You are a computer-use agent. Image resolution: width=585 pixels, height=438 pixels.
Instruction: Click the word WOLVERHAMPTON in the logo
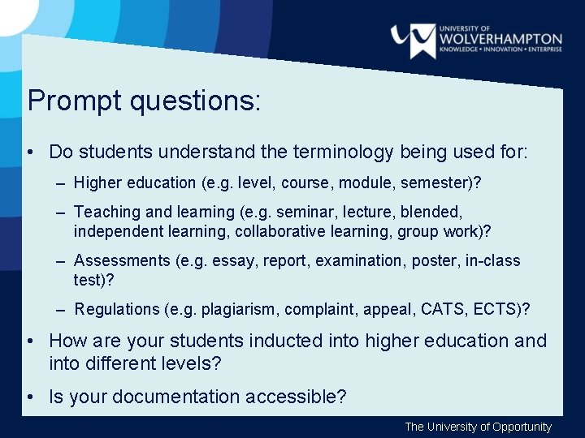[500, 38]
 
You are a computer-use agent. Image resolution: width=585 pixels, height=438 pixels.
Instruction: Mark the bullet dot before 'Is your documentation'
[29, 397]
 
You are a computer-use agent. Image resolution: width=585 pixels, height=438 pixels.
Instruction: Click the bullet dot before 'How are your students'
[29, 341]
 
